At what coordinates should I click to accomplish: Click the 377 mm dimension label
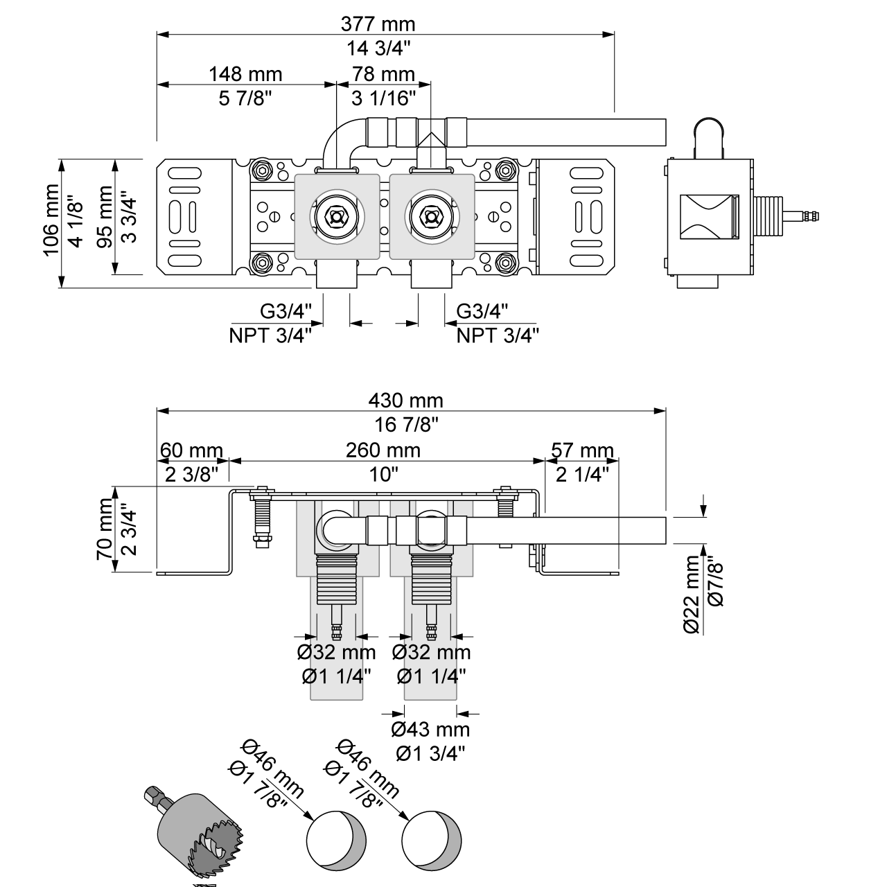tap(378, 24)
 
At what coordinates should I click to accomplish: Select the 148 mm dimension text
tap(245, 73)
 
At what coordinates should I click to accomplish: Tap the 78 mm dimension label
tap(383, 73)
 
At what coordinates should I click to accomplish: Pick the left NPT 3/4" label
tap(270, 335)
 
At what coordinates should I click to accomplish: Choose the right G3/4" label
tap(482, 311)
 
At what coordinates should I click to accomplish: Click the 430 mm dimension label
tap(405, 400)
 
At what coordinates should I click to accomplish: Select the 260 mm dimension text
tap(383, 450)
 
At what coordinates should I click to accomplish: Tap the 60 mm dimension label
tap(191, 450)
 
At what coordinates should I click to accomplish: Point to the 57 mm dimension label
tap(582, 450)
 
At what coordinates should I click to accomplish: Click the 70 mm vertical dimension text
tap(105, 530)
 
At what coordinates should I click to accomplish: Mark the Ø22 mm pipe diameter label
tap(692, 595)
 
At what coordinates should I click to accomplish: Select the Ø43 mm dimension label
tap(430, 729)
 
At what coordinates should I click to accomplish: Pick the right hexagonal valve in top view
tap(432, 216)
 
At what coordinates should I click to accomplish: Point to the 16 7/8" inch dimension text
tap(405, 424)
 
